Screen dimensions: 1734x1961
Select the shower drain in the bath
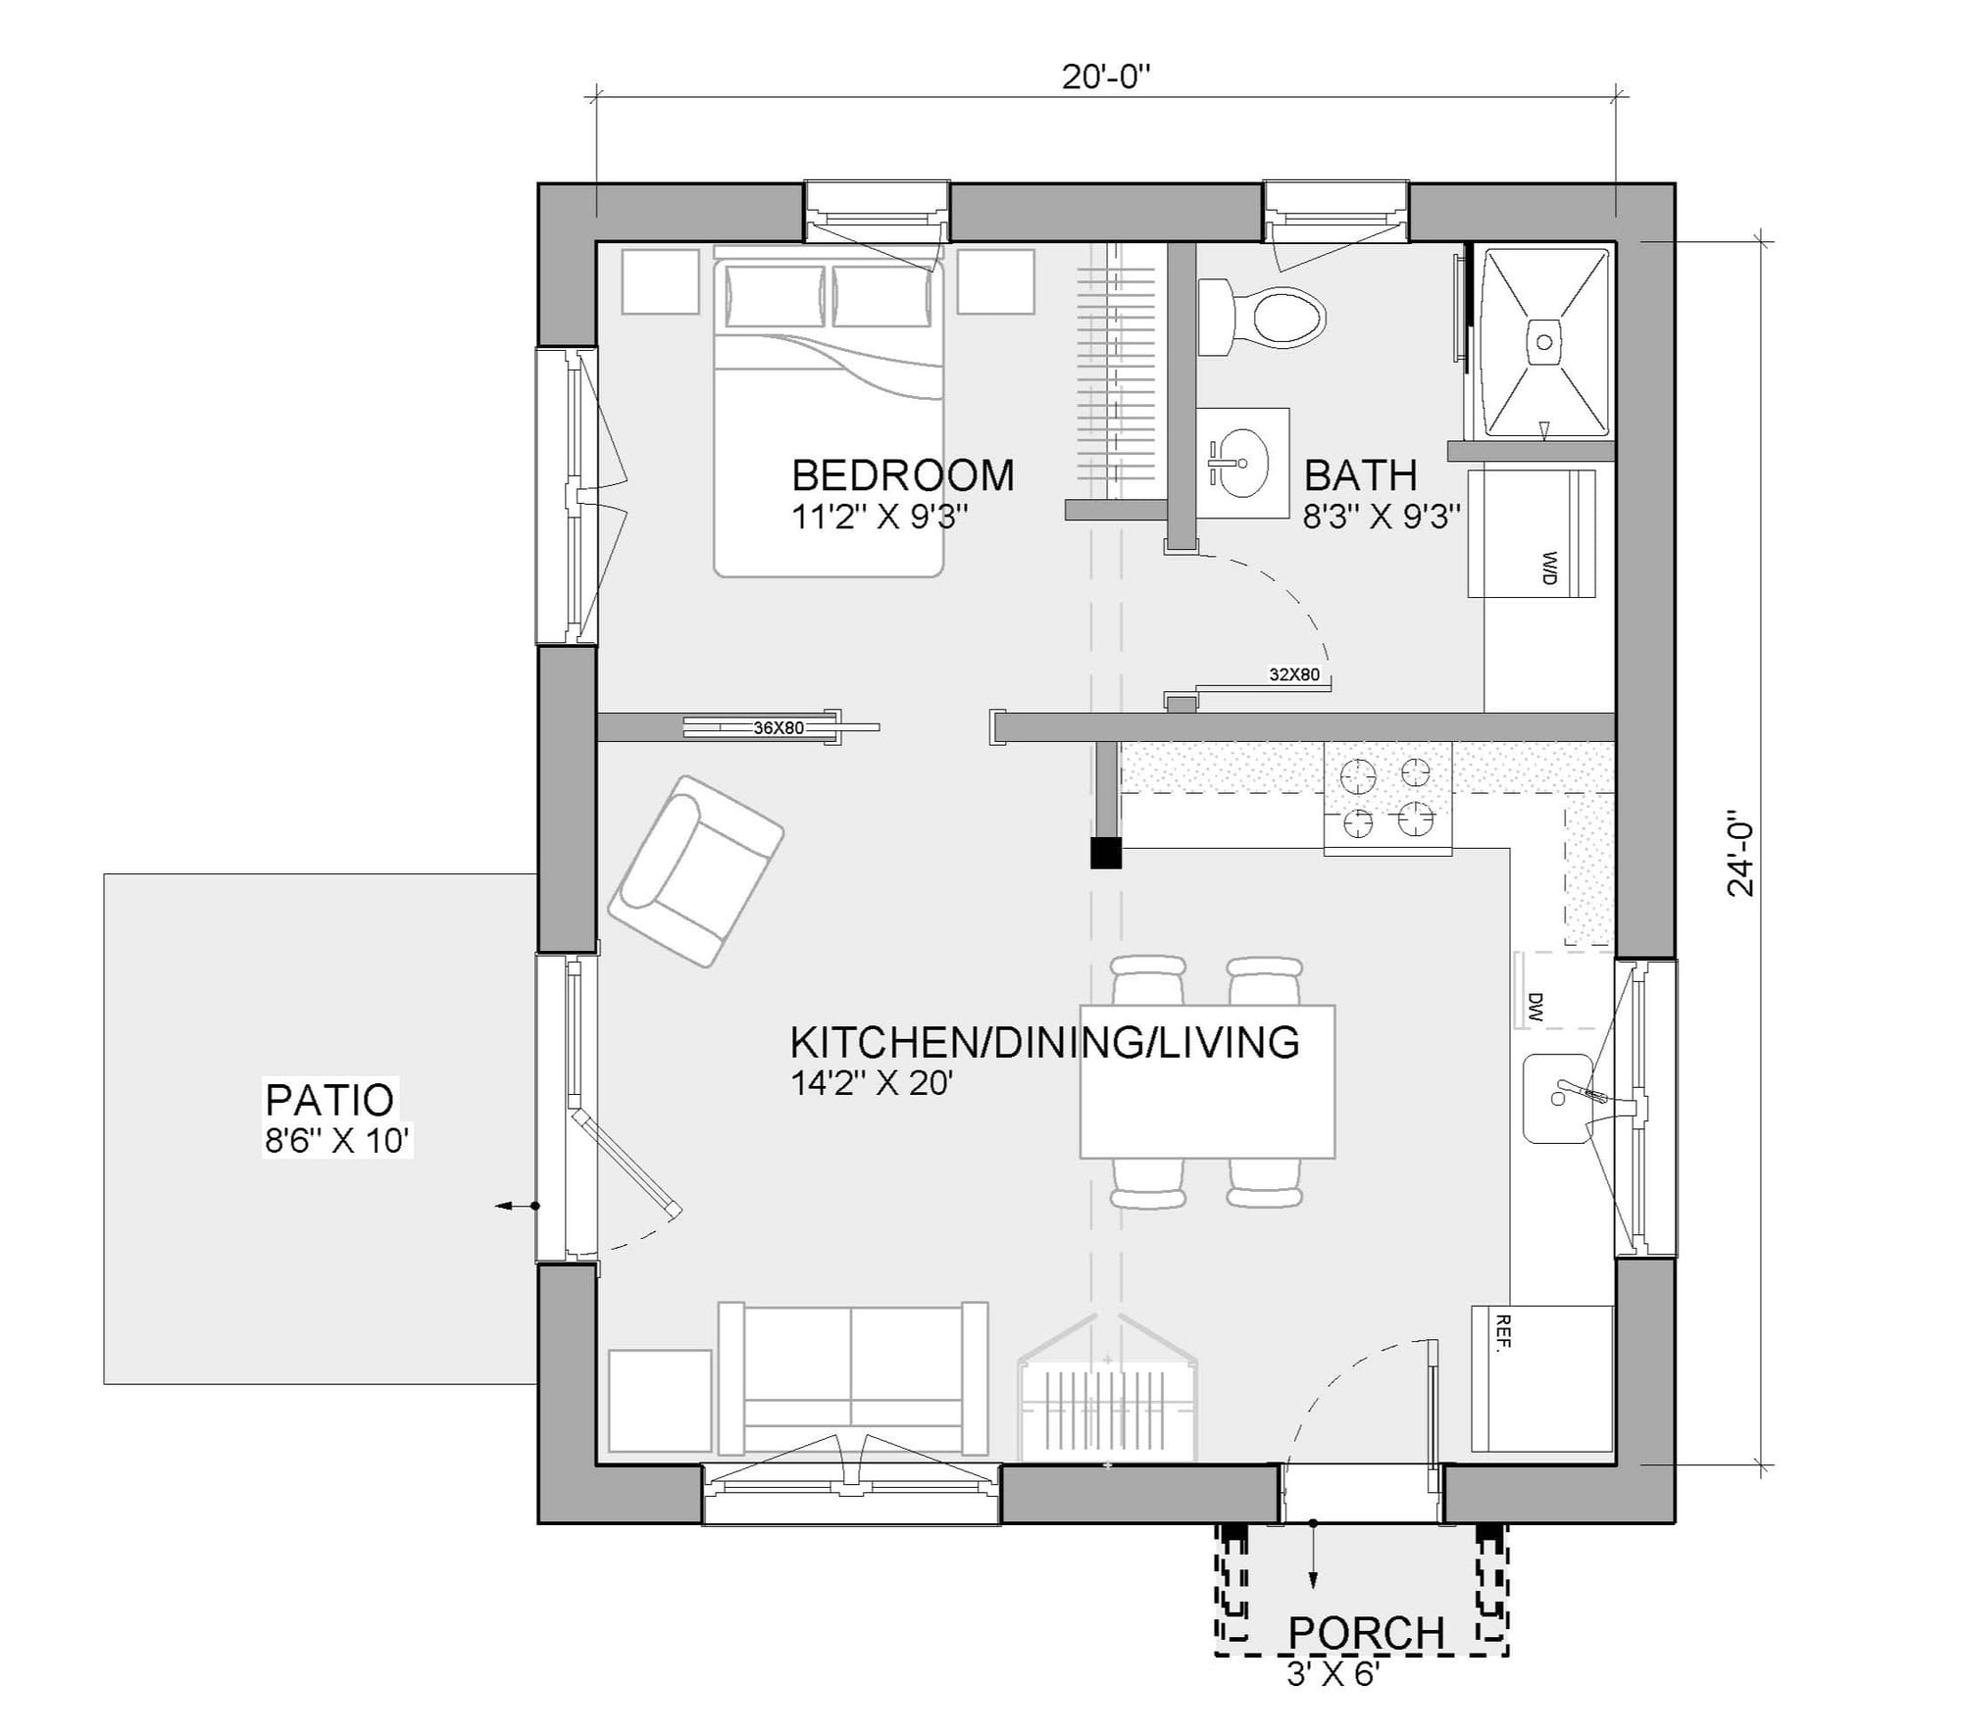(1545, 342)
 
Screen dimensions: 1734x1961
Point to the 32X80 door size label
(1294, 674)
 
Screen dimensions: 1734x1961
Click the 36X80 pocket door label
(779, 728)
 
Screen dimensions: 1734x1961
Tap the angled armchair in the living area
(696, 871)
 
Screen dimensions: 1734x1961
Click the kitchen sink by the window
(1558, 1098)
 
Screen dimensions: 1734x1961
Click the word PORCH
(1366, 1633)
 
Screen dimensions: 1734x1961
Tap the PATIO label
(329, 1100)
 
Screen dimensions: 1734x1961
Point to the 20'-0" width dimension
(1105, 76)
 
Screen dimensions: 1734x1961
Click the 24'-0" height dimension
(1741, 853)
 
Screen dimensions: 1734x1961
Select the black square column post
(1106, 853)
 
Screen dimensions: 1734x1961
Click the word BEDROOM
(902, 475)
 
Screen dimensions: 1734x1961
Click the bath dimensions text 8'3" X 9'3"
(1382, 517)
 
